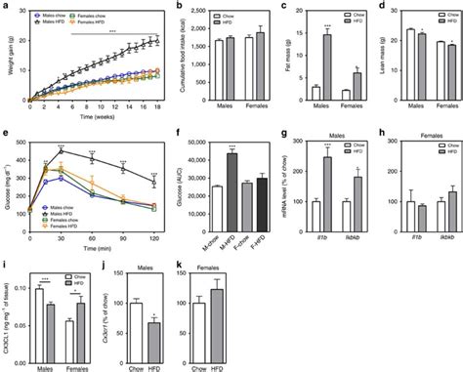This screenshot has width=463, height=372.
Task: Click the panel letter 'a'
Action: [6, 6]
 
